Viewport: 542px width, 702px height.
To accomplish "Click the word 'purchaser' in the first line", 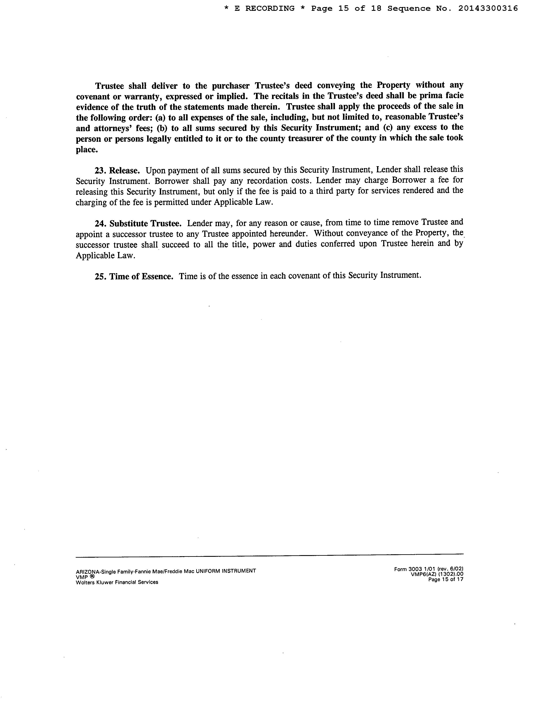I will [x=231, y=86].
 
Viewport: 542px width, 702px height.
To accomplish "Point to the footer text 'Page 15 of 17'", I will [x=446, y=579].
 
